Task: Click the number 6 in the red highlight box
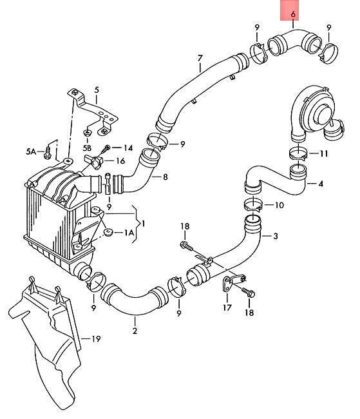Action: coord(293,14)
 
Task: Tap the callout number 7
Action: coord(200,58)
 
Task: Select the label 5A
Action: coord(31,151)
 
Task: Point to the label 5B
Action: coord(87,148)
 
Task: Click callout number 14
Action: coord(128,148)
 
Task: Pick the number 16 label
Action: coord(120,161)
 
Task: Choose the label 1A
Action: coord(129,233)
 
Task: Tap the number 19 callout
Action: coord(96,339)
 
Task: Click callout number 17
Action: coord(227,307)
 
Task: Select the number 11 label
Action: coord(324,153)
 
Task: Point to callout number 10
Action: coord(279,205)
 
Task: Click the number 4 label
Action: coord(321,184)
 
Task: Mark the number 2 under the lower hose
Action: coord(135,331)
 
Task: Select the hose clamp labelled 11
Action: coord(298,153)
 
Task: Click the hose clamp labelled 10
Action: coord(253,205)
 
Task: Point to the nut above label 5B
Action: coord(87,132)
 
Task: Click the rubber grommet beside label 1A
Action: coord(109,232)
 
